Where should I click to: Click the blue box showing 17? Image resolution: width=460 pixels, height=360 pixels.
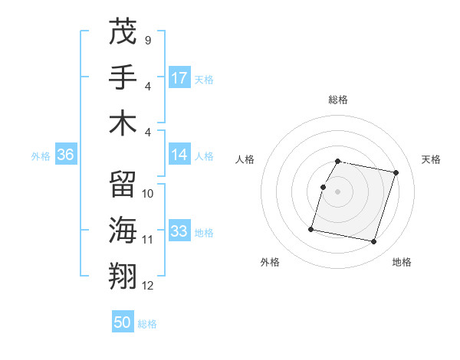[x=179, y=78]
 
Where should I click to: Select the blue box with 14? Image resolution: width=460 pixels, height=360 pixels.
[x=179, y=155]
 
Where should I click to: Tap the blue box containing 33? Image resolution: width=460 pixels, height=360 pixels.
[x=179, y=231]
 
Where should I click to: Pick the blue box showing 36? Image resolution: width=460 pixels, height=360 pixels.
[x=65, y=155]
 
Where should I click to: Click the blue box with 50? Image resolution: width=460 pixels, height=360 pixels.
[x=123, y=322]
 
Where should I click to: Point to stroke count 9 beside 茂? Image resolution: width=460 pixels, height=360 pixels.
[x=147, y=40]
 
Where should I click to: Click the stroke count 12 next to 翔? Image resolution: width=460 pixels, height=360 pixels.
[x=148, y=286]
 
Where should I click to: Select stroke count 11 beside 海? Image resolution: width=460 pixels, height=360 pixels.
[x=148, y=240]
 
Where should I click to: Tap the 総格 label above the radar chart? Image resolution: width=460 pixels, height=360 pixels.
[x=338, y=100]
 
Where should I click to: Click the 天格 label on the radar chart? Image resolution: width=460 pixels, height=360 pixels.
[x=432, y=159]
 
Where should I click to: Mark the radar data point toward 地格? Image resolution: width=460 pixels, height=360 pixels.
[x=373, y=242]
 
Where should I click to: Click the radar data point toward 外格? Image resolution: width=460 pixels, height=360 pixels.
[x=311, y=228]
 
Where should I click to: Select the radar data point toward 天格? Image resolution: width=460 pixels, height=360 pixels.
[x=396, y=173]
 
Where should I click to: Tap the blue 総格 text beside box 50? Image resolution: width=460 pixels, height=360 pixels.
[x=147, y=324]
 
